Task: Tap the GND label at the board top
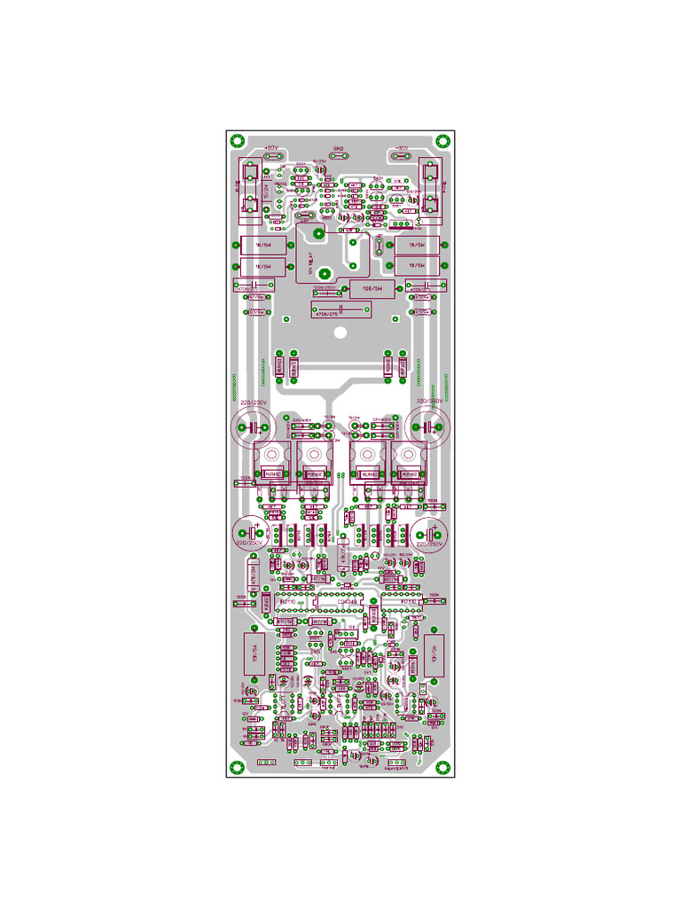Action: click(338, 148)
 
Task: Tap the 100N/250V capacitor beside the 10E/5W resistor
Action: click(325, 292)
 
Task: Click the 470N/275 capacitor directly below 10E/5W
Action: click(340, 309)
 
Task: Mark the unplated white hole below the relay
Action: click(340, 333)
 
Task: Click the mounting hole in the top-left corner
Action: click(237, 140)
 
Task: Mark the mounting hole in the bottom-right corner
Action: click(442, 768)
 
